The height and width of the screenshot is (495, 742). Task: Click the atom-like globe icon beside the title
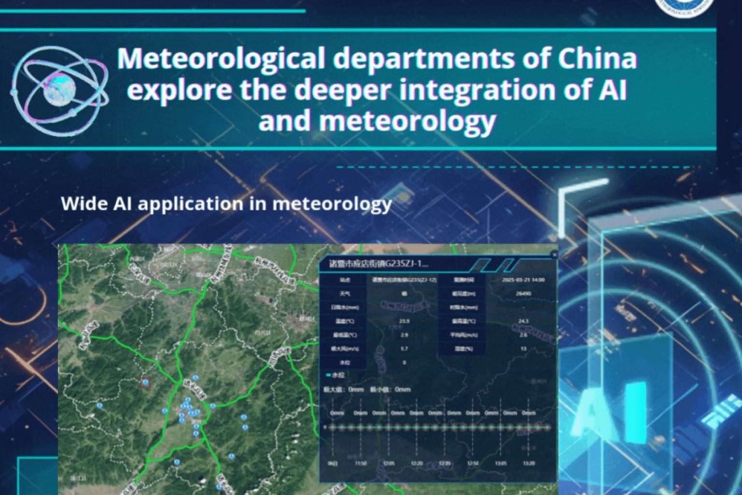(59, 91)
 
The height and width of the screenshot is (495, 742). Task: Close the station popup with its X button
(554, 254)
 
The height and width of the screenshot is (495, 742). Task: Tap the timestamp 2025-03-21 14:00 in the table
(523, 280)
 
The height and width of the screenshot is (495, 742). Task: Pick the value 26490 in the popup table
(523, 293)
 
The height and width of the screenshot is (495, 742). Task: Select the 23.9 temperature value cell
(404, 321)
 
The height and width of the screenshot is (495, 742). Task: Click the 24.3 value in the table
(523, 321)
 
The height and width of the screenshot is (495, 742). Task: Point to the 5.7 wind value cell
(404, 349)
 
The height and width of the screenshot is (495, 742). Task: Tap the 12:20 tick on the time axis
(416, 464)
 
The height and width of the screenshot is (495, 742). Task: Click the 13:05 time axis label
(501, 464)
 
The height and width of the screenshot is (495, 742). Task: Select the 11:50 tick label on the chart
(360, 464)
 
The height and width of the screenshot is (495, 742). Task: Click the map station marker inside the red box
(145, 382)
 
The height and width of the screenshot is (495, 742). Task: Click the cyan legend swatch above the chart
(328, 375)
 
